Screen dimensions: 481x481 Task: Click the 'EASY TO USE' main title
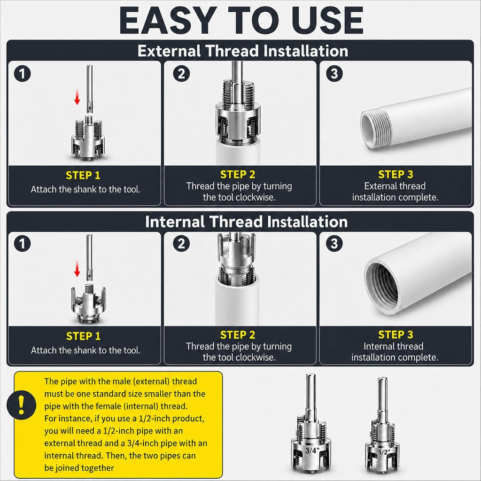(x=241, y=20)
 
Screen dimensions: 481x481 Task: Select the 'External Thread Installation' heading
(x=243, y=51)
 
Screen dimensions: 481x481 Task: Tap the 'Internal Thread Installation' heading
(x=246, y=222)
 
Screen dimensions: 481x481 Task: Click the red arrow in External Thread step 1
(x=78, y=97)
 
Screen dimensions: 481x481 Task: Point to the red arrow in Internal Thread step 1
(x=78, y=269)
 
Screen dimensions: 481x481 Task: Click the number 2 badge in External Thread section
(x=181, y=74)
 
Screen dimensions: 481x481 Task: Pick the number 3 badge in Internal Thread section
(x=334, y=244)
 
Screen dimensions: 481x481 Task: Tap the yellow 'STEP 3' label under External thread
(x=396, y=174)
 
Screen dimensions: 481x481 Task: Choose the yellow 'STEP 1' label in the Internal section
(x=84, y=336)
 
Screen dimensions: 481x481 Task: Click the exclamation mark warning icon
(x=21, y=405)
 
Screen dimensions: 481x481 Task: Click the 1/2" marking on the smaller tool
(x=383, y=452)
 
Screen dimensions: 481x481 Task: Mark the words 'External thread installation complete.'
(x=395, y=192)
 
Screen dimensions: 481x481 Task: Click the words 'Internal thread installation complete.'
(x=395, y=352)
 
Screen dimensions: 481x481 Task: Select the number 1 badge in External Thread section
(x=23, y=74)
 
